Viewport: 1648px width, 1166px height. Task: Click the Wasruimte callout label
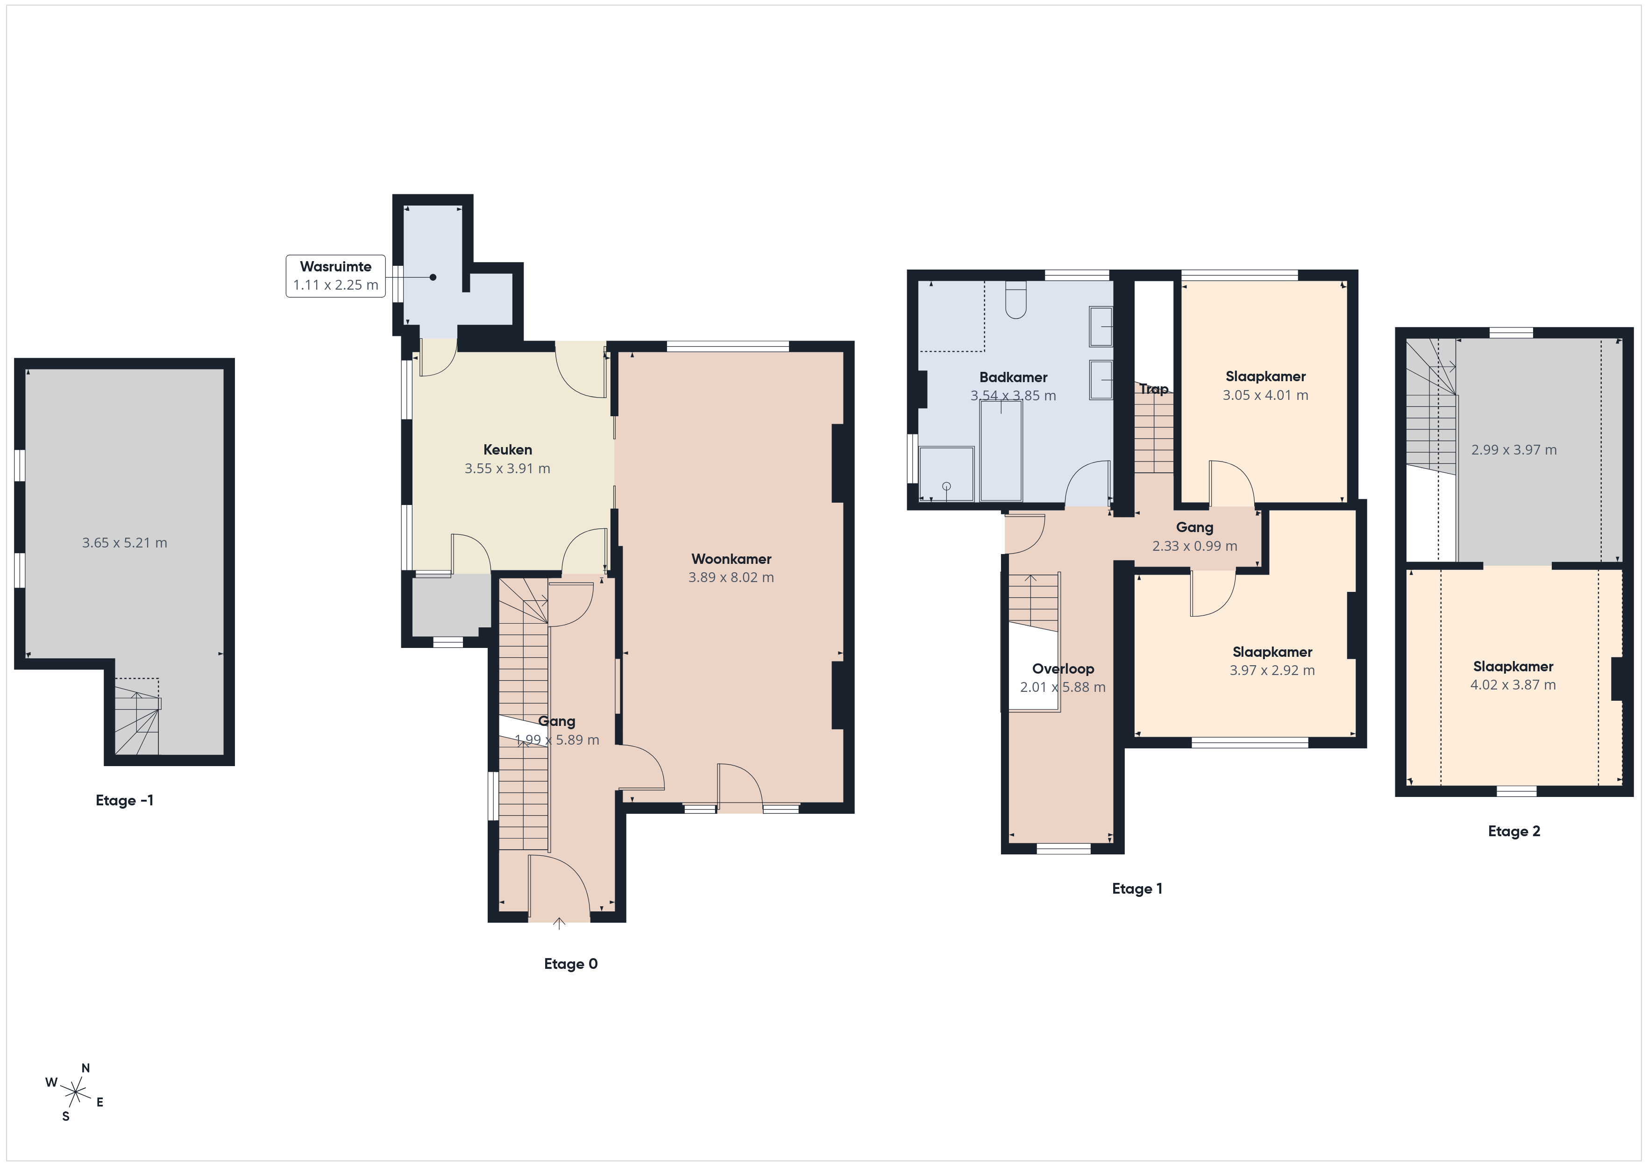(x=335, y=266)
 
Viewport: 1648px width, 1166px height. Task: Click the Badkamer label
(x=1013, y=377)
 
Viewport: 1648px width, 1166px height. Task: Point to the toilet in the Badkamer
(x=1016, y=299)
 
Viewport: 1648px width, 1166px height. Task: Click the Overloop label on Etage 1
(x=1063, y=668)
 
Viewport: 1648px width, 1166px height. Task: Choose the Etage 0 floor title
(x=571, y=964)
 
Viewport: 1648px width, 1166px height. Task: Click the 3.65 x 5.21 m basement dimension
(x=124, y=543)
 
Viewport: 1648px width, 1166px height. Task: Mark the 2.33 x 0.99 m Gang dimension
(x=1194, y=546)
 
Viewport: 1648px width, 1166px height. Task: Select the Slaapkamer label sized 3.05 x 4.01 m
(x=1265, y=376)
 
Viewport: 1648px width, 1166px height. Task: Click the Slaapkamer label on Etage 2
(x=1513, y=666)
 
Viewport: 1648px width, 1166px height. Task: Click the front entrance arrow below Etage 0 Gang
(x=559, y=924)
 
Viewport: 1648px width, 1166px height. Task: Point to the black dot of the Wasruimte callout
(x=433, y=277)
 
